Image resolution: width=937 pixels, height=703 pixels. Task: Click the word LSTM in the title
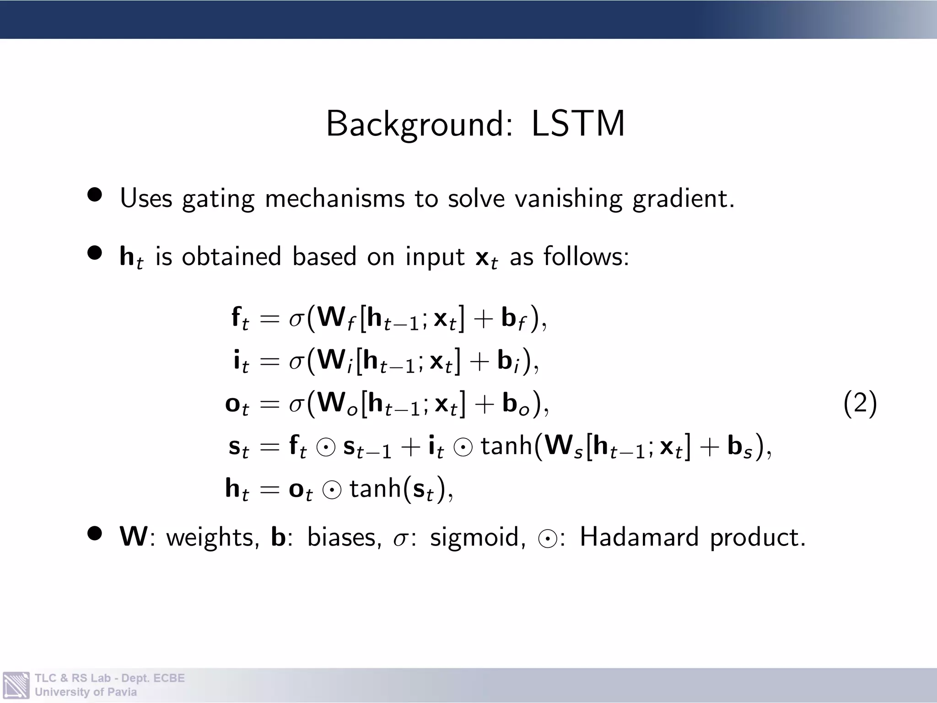click(578, 124)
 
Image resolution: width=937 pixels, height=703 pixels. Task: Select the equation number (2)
click(860, 403)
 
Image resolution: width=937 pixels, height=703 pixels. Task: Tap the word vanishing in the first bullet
click(568, 199)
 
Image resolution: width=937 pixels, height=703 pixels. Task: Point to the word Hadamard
click(639, 536)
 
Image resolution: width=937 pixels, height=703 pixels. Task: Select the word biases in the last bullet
click(344, 537)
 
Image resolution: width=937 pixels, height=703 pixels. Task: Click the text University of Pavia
click(86, 692)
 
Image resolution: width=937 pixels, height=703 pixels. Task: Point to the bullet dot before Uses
click(95, 195)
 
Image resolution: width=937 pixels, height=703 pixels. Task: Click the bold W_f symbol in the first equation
click(336, 318)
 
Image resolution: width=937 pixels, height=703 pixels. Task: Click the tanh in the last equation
click(375, 488)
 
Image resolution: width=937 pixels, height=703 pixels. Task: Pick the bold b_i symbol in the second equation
click(509, 362)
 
